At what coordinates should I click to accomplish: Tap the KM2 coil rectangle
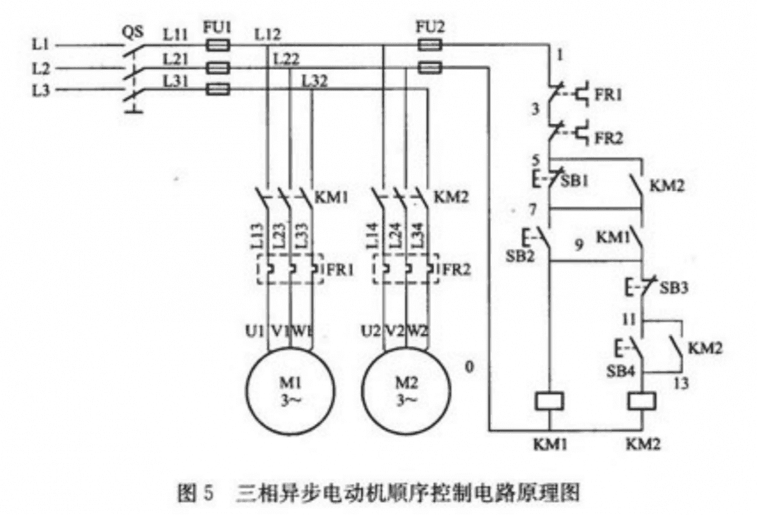click(x=642, y=402)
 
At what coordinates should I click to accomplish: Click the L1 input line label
click(x=40, y=45)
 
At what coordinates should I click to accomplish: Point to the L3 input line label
click(x=40, y=90)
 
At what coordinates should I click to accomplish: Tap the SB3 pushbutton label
click(x=674, y=288)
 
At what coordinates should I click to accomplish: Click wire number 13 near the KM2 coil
click(x=680, y=383)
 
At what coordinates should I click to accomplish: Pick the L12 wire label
click(x=268, y=35)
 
